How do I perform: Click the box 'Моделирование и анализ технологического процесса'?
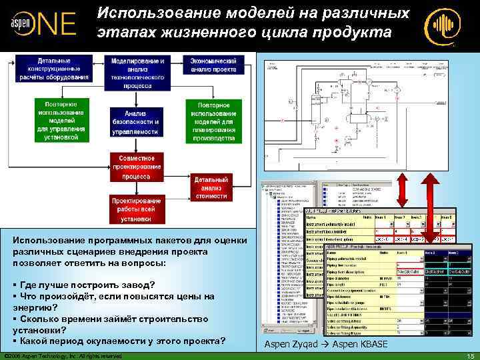[138, 73]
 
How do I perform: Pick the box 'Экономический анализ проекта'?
[213, 64]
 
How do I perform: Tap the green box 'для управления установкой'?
[61, 121]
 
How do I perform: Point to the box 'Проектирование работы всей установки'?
[136, 209]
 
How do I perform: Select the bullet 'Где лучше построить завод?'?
[87, 285]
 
